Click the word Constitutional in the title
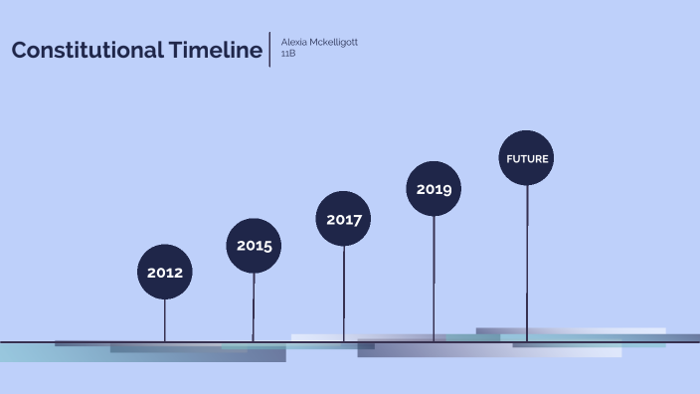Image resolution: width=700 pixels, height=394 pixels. pos(84,51)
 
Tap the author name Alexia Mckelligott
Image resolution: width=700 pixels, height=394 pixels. pos(319,42)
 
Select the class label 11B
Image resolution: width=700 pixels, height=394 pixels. pos(289,53)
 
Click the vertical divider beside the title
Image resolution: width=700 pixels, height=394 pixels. pos(270,49)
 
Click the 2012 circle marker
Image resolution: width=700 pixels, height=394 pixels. pos(165,272)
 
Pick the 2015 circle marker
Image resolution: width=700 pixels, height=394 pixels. pos(254,245)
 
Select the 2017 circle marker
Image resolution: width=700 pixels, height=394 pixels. pos(343,219)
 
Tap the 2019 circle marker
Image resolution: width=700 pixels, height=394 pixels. pos(434,188)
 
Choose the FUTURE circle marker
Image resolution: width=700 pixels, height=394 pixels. pos(527,158)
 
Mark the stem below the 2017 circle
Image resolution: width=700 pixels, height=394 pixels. pos(343,294)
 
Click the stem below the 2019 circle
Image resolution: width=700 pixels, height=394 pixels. pos(434,279)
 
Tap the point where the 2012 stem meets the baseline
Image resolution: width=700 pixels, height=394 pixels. pos(165,341)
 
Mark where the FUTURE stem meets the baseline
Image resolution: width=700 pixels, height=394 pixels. pos(527,341)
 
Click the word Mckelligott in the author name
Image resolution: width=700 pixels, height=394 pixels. pos(335,42)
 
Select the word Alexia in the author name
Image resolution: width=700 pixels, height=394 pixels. pos(294,42)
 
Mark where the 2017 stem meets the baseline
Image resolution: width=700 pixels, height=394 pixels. pos(343,341)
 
